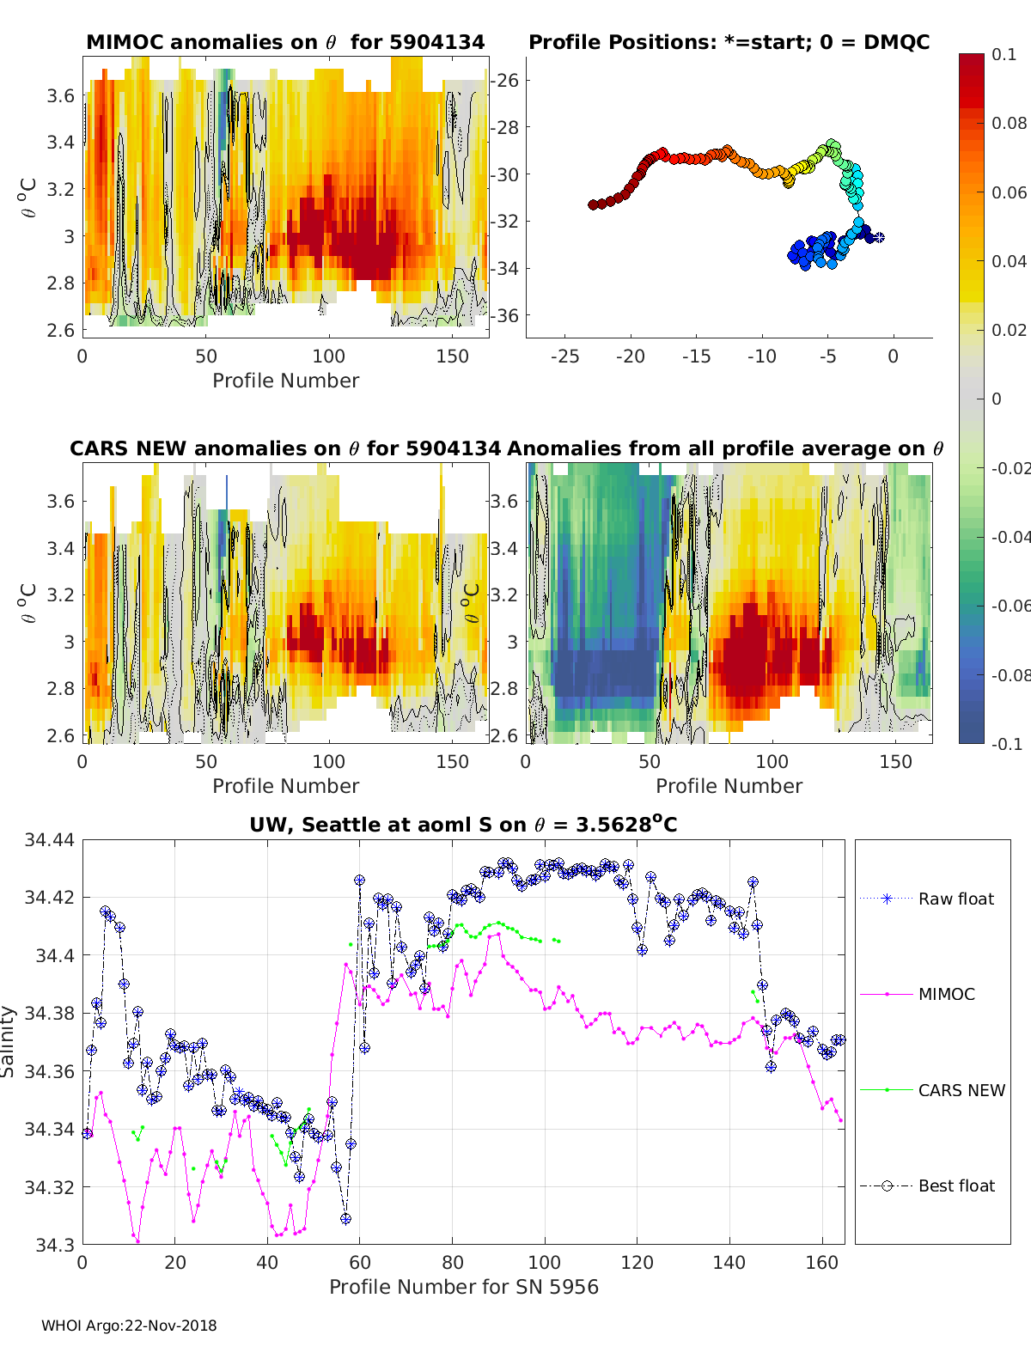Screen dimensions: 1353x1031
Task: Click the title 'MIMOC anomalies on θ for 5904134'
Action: coord(285,42)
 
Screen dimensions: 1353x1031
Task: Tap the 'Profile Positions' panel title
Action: coord(729,42)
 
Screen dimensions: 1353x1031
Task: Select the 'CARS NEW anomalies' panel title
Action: coord(285,448)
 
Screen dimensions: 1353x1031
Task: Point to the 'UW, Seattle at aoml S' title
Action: coord(463,825)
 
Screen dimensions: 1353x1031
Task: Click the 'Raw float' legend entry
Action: coord(955,899)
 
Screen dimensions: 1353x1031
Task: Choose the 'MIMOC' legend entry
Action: coord(946,994)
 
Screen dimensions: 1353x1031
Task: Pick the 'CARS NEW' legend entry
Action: coord(961,1090)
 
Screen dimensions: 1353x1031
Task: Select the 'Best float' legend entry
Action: coord(955,1185)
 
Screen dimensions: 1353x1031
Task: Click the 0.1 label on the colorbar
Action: coord(1004,54)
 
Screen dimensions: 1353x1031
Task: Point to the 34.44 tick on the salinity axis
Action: coord(49,840)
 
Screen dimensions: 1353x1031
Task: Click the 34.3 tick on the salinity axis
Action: coord(55,1244)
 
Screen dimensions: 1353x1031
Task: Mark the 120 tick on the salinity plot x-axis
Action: coord(637,1262)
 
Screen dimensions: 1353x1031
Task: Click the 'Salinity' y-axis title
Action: coord(9,1041)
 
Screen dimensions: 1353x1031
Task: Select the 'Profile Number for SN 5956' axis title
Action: coord(463,1287)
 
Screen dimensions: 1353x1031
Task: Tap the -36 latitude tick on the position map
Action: coord(505,315)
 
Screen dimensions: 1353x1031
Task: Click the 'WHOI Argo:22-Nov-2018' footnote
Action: coord(129,1326)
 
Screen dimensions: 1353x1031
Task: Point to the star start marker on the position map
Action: coord(879,237)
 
